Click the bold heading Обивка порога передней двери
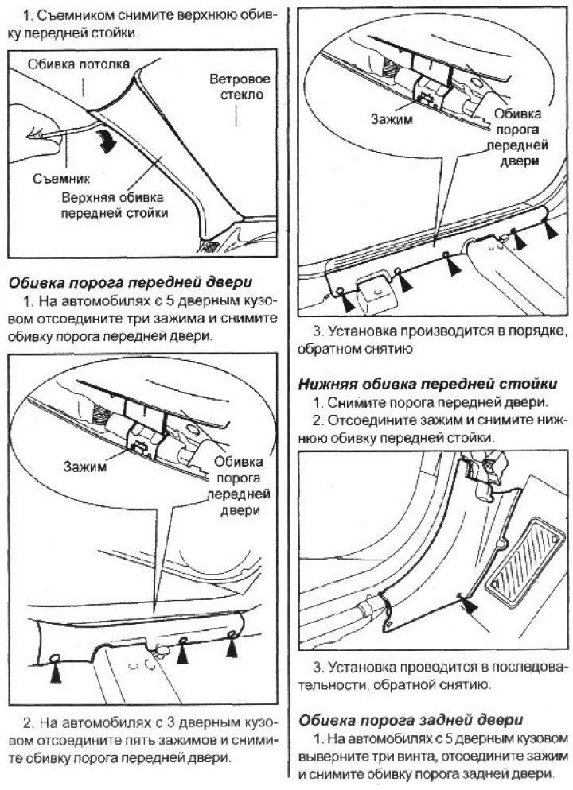(x=129, y=282)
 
